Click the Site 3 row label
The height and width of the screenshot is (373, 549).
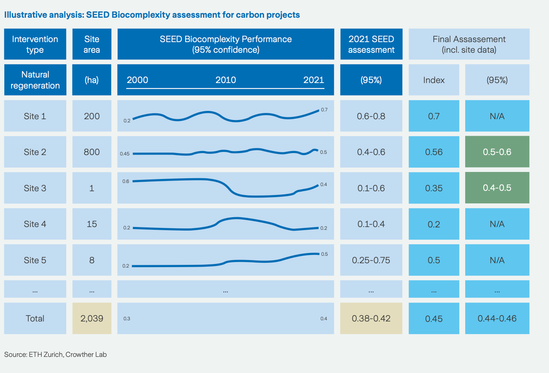[35, 188]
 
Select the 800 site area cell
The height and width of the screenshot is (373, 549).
[92, 152]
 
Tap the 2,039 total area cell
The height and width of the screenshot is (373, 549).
[92, 318]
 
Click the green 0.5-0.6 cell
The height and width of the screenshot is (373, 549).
[497, 152]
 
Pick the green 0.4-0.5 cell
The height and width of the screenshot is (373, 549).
[497, 188]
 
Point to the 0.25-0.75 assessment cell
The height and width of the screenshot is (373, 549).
[371, 260]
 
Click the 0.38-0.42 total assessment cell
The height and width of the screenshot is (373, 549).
[371, 318]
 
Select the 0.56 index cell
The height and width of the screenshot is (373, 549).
[434, 152]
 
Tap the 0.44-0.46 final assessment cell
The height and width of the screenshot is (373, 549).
[497, 318]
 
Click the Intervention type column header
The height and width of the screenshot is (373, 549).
[35, 44]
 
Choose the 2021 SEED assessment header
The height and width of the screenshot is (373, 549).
[371, 44]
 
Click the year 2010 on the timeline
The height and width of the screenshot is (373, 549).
[226, 80]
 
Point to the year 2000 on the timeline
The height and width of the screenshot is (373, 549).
[137, 80]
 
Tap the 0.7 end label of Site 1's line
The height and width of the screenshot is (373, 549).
[324, 110]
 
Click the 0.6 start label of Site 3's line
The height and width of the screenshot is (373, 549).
[126, 181]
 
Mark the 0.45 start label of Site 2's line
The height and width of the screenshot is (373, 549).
[125, 154]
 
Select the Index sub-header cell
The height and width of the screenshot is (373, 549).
[434, 80]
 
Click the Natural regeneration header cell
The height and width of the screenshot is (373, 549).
[35, 80]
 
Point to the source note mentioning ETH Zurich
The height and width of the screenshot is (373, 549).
[55, 355]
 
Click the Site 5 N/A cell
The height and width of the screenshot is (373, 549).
[497, 260]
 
